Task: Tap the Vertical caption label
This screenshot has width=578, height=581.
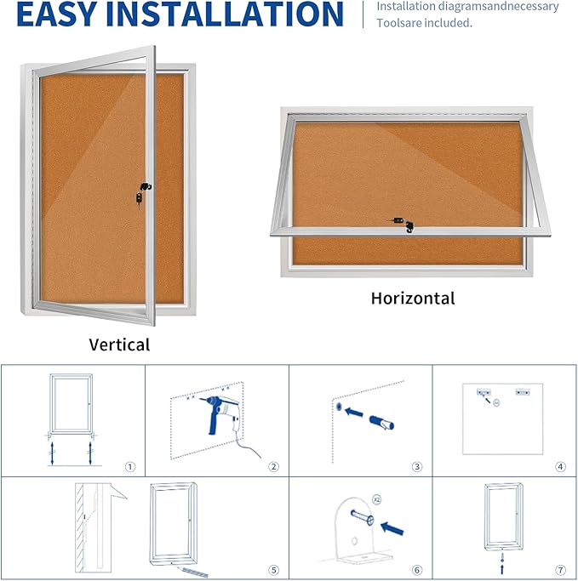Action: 119,345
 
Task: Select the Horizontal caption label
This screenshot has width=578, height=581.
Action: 413,299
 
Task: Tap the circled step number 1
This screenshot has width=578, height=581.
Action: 129,466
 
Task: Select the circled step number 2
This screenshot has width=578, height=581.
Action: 273,466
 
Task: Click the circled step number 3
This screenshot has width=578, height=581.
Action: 417,466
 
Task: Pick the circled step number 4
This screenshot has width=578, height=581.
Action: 560,466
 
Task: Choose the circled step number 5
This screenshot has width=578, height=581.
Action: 273,570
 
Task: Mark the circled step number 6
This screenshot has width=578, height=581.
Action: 417,570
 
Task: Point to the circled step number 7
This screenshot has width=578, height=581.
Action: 560,570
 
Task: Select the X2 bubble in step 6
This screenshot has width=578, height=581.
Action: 375,502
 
